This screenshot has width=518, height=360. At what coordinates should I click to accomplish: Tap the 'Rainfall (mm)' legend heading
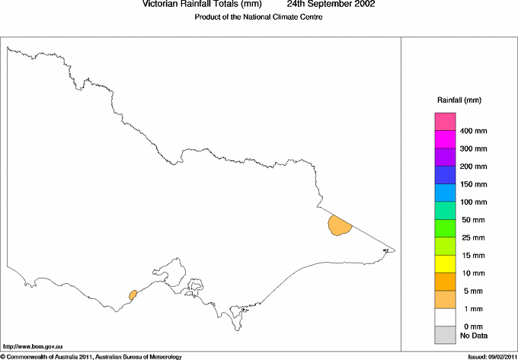459,100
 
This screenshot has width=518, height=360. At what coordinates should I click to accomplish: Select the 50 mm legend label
474,220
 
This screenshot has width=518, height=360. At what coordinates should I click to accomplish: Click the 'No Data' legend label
474,335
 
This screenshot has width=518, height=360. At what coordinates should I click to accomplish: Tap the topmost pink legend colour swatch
445,122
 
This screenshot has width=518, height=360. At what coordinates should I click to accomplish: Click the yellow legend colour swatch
445,264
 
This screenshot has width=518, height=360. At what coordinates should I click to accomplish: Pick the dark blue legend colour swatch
445,176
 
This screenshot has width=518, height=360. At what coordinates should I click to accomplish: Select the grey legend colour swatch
445,335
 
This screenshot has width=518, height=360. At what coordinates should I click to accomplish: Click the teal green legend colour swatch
445,211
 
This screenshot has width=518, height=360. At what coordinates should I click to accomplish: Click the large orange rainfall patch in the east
338,225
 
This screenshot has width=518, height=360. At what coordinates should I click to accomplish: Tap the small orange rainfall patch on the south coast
133,294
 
